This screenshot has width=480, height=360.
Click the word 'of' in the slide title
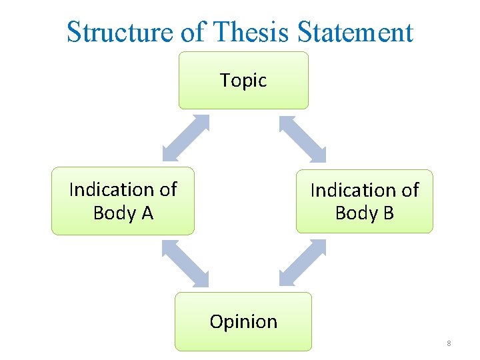pyautogui.click(x=193, y=32)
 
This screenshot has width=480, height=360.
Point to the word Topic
pyautogui.click(x=243, y=81)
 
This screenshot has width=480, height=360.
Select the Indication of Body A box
pyautogui.click(x=123, y=201)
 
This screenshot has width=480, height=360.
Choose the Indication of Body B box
pyautogui.click(x=364, y=201)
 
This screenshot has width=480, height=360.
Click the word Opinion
pyautogui.click(x=243, y=322)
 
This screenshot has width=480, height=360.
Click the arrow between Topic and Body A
pyautogui.click(x=186, y=138)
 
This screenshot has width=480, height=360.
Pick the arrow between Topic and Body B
pyautogui.click(x=302, y=139)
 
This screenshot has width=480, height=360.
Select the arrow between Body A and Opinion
pyautogui.click(x=185, y=263)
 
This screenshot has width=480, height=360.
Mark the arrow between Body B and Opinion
pyautogui.click(x=303, y=263)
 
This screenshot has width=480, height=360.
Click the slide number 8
pyautogui.click(x=449, y=343)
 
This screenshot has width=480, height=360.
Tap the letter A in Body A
pyautogui.click(x=147, y=213)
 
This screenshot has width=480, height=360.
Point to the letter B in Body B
pyautogui.click(x=388, y=213)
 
